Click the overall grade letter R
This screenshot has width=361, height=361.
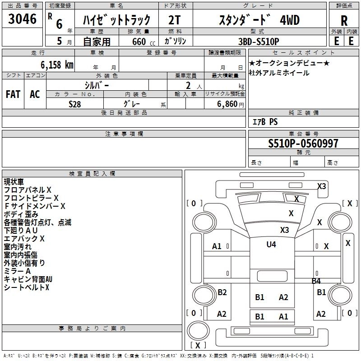tap(344, 20)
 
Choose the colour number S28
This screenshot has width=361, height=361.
tap(75, 104)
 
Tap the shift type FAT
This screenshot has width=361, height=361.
tap(13, 94)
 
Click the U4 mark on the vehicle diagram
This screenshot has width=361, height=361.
tap(271, 244)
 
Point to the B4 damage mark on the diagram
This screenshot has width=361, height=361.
tap(316, 281)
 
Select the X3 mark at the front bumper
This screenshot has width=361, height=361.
tap(321, 186)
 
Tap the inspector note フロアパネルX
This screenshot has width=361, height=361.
tap(28, 190)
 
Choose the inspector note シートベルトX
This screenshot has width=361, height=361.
tap(26, 287)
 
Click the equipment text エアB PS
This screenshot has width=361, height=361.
tap(265, 122)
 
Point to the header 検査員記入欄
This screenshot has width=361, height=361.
tap(92, 173)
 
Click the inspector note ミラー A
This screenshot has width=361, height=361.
tap(17, 271)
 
